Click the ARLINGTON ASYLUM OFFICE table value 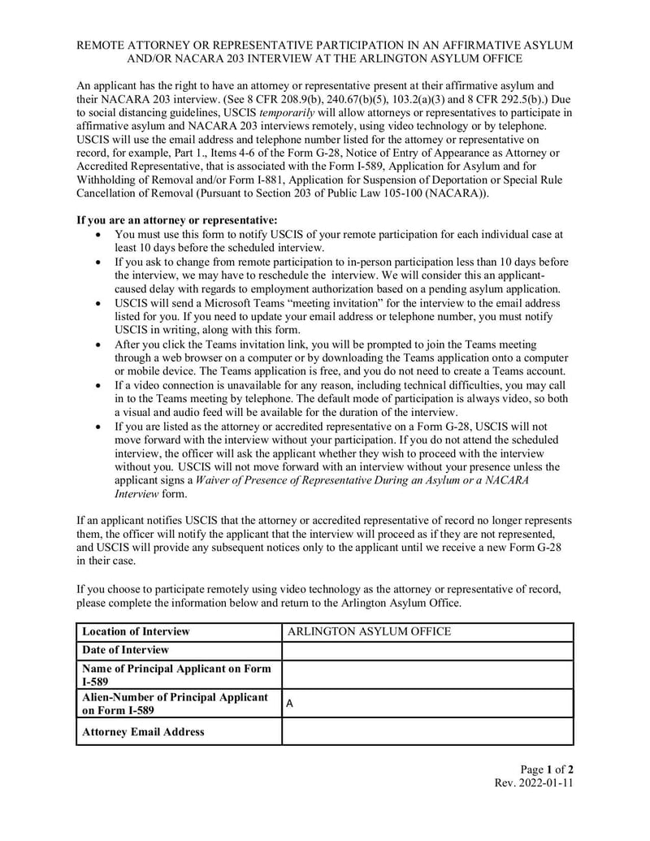369,631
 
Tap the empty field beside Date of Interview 427,650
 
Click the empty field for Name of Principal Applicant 427,674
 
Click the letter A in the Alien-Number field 290,704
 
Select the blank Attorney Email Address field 427,731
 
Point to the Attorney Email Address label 143,731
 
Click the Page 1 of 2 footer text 547,769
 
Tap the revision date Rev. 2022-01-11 534,783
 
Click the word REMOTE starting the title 104,45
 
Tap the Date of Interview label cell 125,650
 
